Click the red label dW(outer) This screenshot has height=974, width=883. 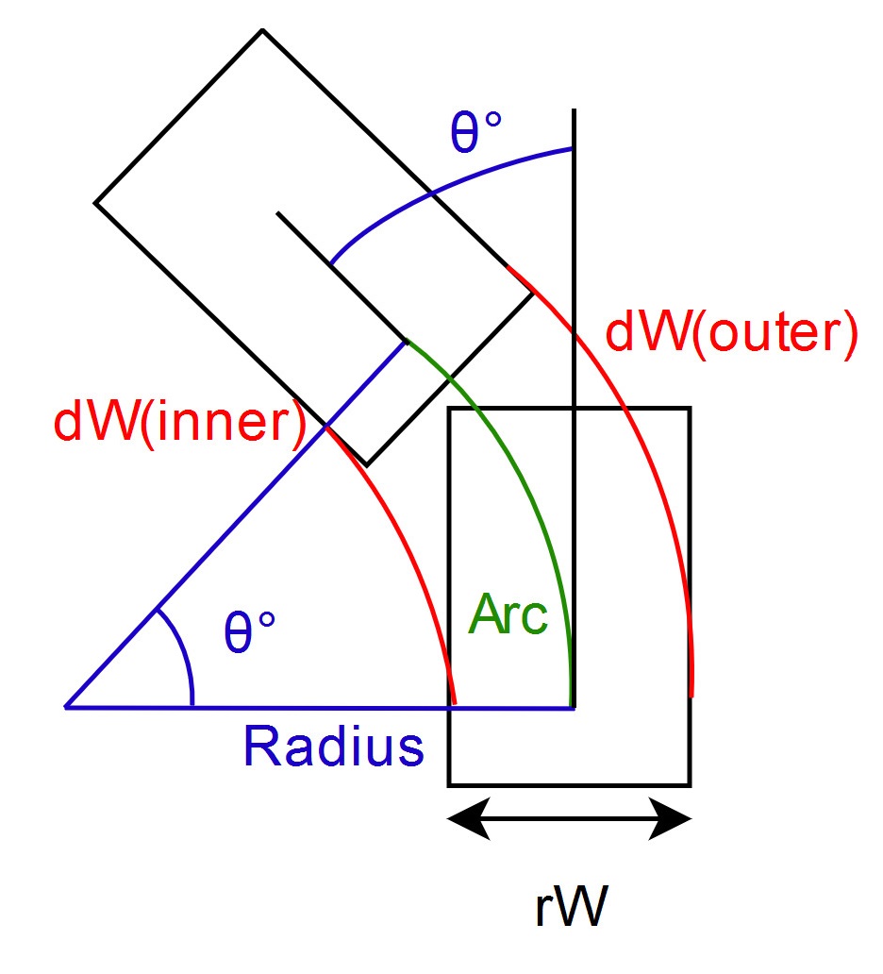[x=731, y=334]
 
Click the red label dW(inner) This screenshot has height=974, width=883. [x=179, y=422]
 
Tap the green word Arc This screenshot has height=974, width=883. [x=508, y=616]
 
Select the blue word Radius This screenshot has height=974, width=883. [x=333, y=746]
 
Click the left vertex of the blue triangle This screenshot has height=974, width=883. [x=66, y=706]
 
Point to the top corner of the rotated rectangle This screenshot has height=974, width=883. [x=262, y=30]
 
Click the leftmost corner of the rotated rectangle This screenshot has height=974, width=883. [x=95, y=202]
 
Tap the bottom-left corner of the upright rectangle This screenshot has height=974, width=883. [x=449, y=784]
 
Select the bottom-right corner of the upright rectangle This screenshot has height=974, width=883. [x=691, y=784]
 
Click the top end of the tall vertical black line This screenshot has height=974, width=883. [x=573, y=111]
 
